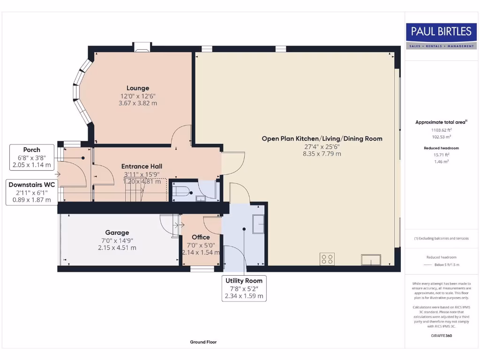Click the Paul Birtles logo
pos(441,36)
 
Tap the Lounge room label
pos(138,88)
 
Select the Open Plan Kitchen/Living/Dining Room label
pos(322,138)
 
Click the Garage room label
pos(117,232)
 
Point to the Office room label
pos(201,237)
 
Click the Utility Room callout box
pos(244,288)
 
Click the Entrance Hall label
pos(142,166)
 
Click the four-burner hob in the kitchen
pos(327,259)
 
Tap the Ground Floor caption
pos(203,342)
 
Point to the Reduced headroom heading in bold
pos(441,148)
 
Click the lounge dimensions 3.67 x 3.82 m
pos(138,103)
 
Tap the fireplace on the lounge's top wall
pos(142,46)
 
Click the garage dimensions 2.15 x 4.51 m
pos(117,248)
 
